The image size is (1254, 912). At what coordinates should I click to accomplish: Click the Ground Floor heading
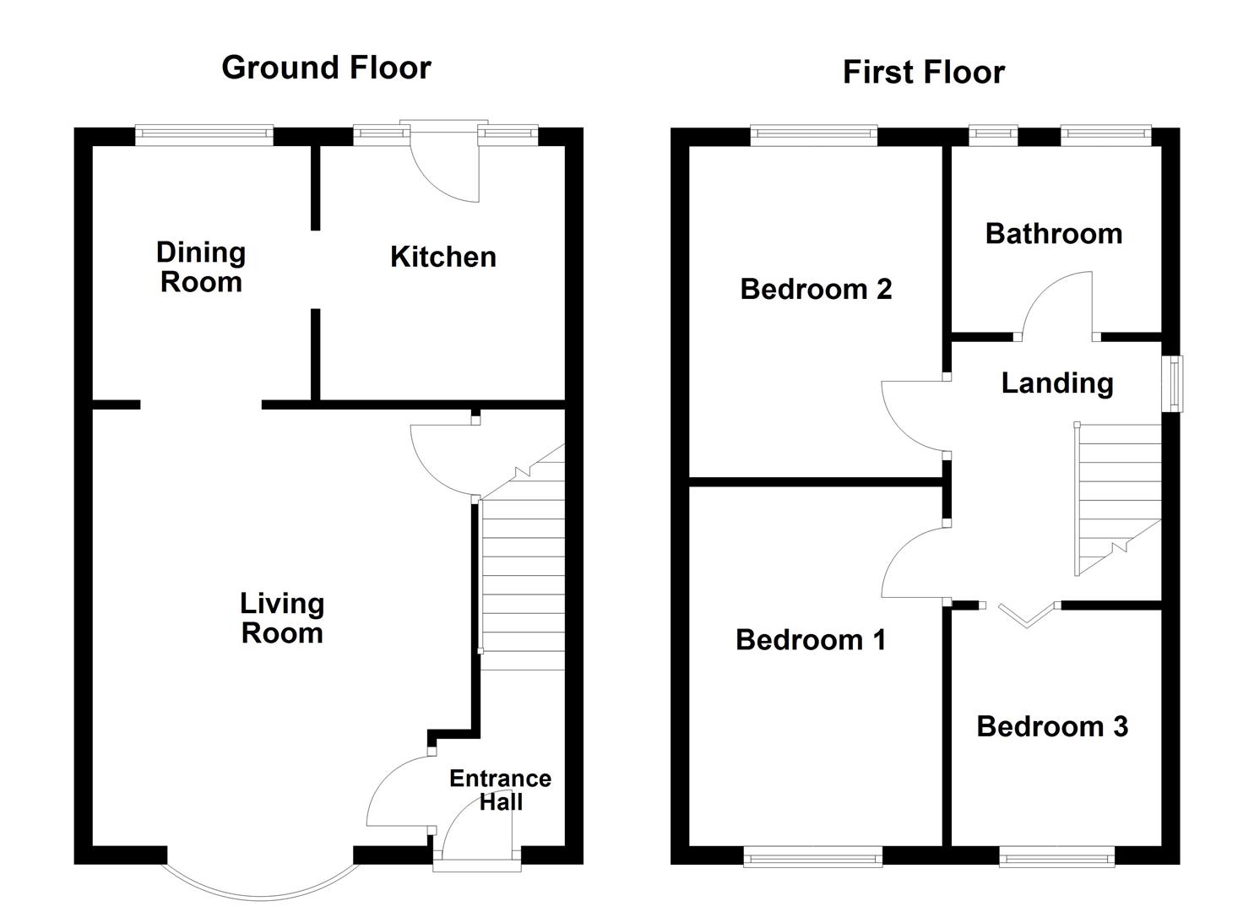point(326,68)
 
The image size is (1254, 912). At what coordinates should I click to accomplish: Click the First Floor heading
point(923,73)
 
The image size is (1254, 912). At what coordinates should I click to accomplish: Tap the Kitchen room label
point(442,257)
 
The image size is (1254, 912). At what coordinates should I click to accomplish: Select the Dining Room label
point(201,267)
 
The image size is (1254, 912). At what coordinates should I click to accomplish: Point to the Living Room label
point(281,618)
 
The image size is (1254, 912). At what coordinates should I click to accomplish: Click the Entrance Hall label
point(500,790)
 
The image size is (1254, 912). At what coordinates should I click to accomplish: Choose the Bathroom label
point(1053,234)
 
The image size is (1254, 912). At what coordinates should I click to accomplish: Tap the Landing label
point(1056,383)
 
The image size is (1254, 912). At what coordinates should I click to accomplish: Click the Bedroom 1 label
point(811,640)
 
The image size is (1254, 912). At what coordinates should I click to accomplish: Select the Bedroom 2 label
point(816,289)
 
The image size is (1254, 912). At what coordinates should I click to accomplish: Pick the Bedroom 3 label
point(1051,726)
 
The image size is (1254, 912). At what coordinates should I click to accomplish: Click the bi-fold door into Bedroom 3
point(1027,616)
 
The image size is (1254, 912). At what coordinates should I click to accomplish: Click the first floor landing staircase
point(1118,498)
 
